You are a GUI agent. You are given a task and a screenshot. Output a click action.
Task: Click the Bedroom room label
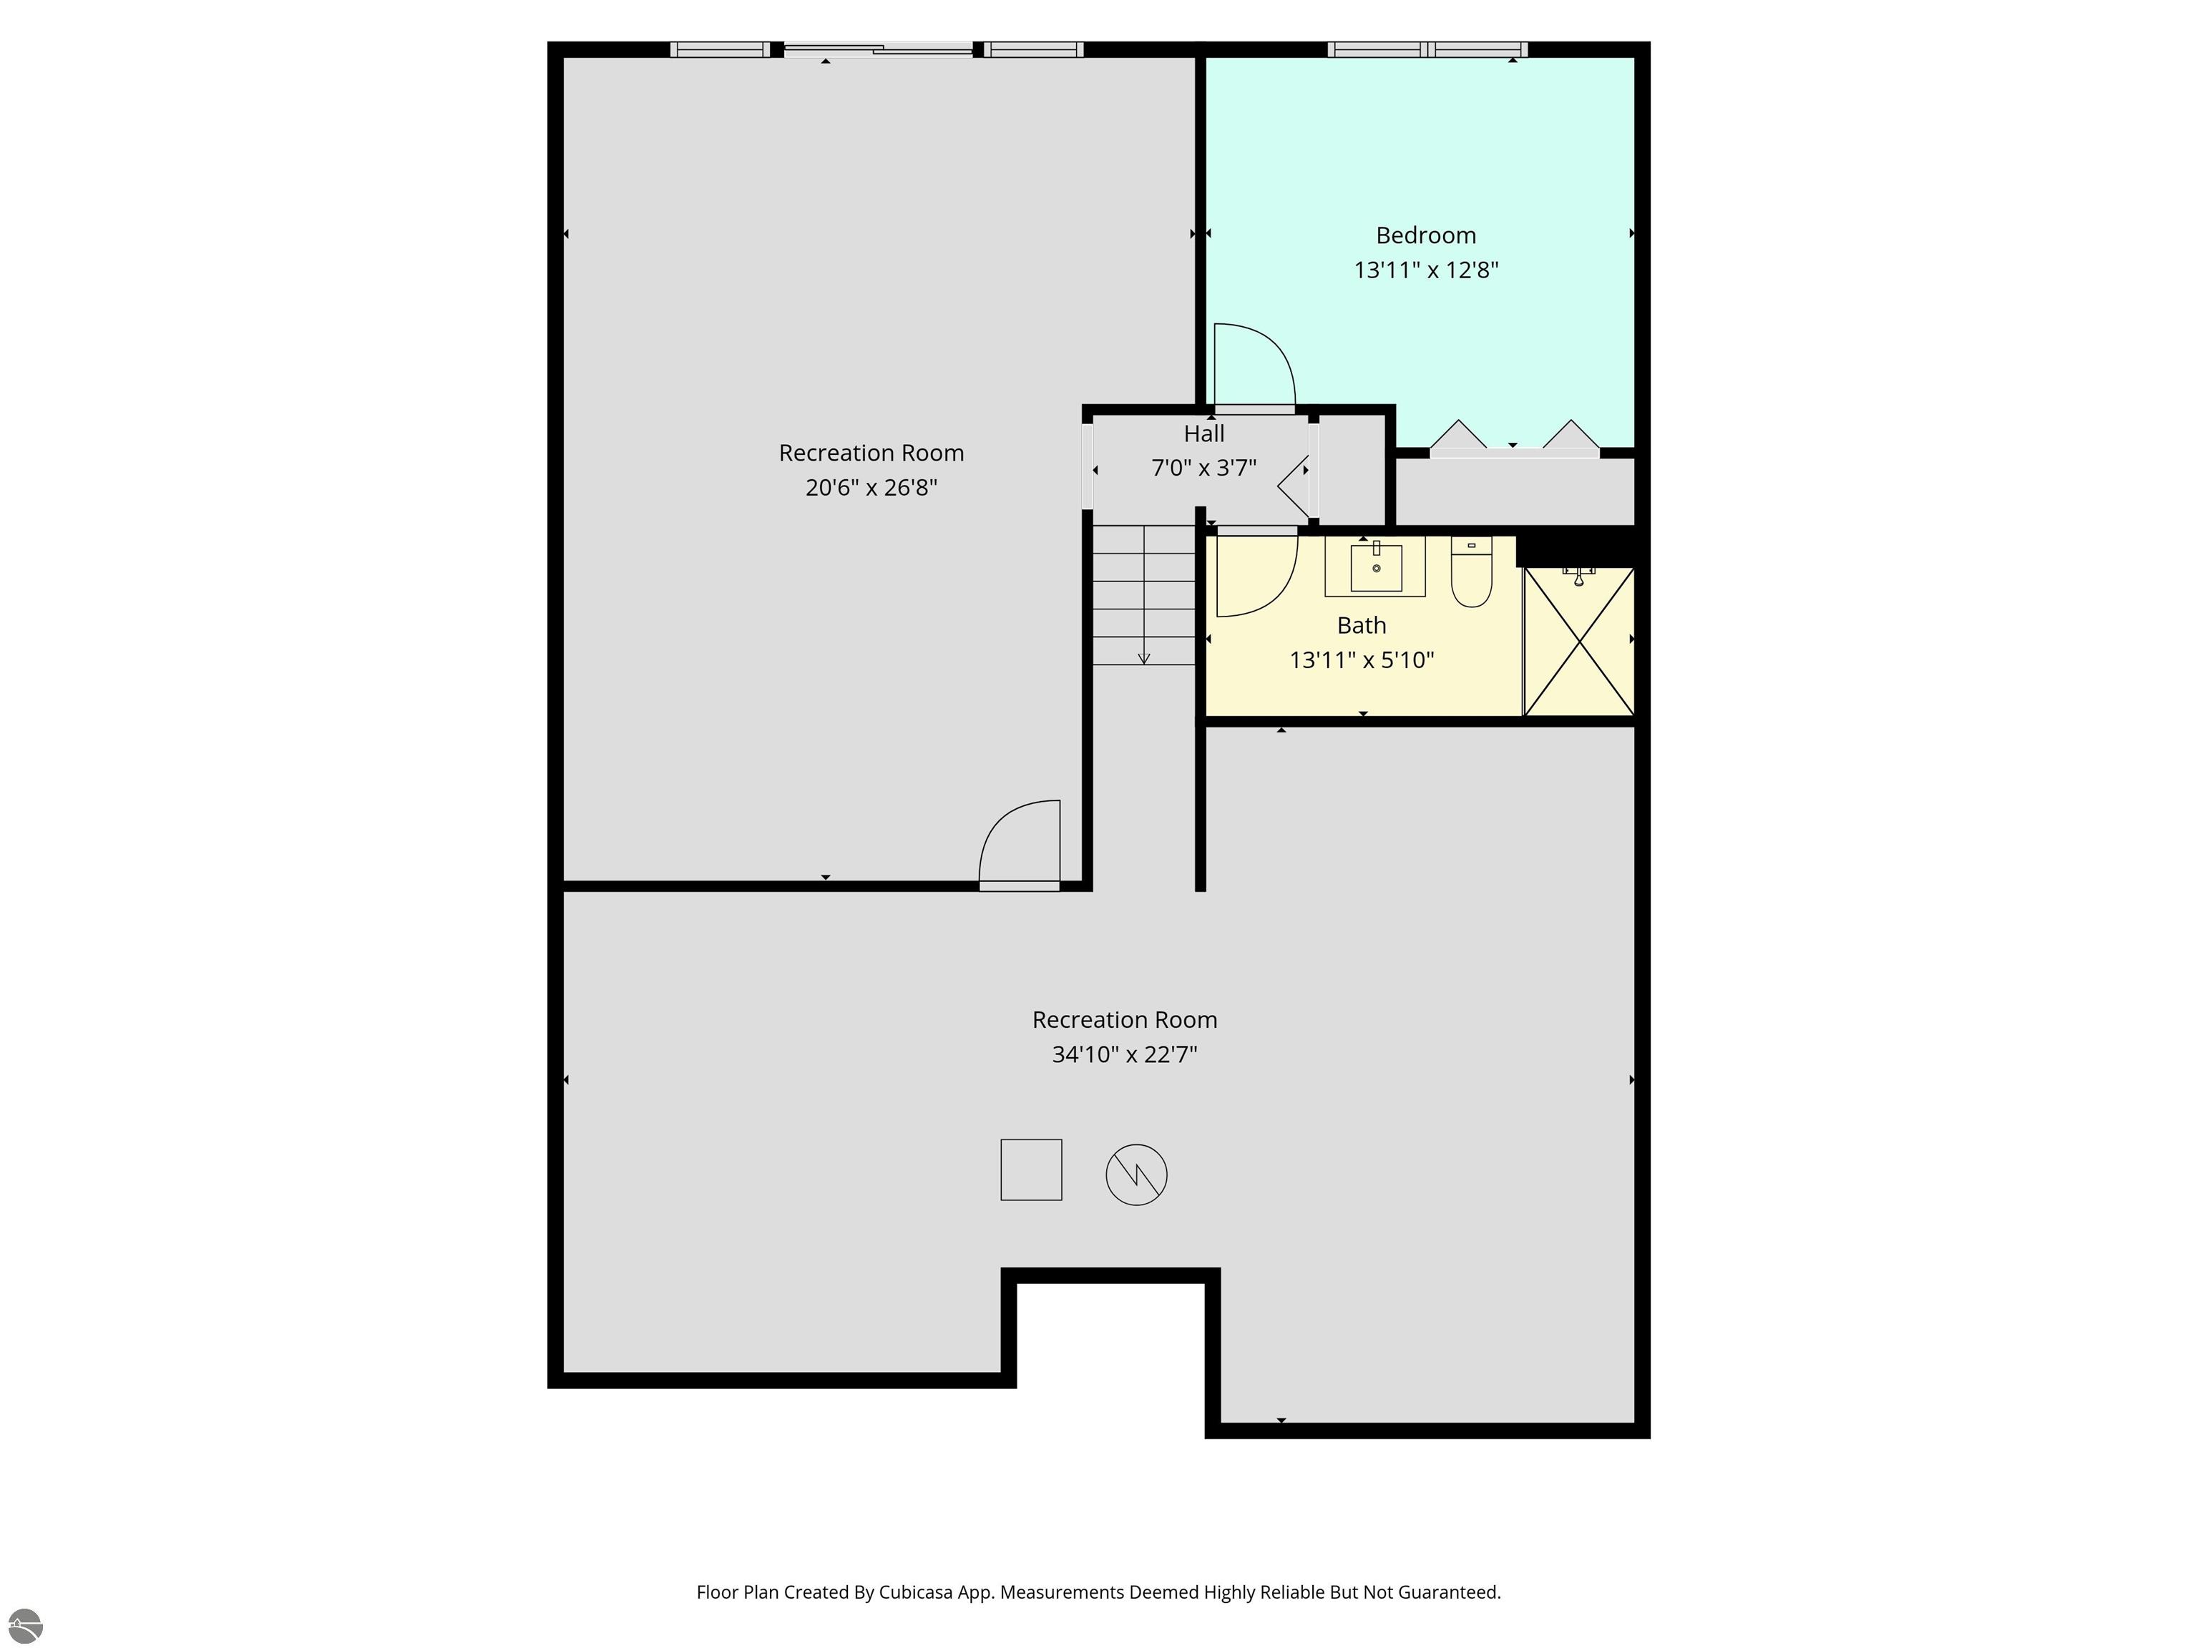(x=1425, y=235)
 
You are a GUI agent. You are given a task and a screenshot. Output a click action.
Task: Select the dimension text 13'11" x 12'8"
(x=1425, y=270)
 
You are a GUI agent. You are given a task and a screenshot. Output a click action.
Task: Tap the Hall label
(x=1203, y=434)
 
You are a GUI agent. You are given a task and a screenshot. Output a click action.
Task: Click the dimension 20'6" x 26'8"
(x=871, y=488)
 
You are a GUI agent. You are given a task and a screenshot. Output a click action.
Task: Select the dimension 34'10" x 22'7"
(x=1124, y=1054)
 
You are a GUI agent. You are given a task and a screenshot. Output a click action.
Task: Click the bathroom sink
(x=1375, y=567)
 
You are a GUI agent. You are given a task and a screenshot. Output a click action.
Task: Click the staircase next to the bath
(x=1143, y=596)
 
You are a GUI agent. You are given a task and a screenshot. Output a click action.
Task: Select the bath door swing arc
(x=1257, y=576)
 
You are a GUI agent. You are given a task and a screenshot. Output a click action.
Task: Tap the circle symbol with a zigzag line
(x=1135, y=1174)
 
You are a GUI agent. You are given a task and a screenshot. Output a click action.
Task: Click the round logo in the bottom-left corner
(x=25, y=1626)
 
